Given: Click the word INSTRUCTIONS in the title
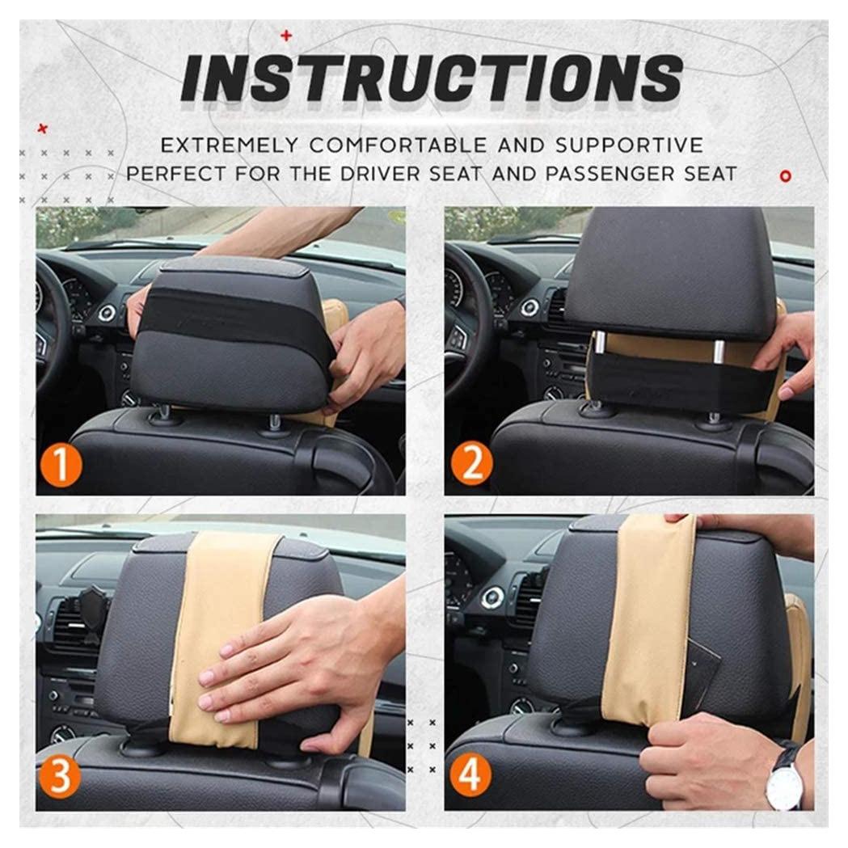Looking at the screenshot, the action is point(432,79).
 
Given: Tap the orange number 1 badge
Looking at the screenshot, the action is point(61,465).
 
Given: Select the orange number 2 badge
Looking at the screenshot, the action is point(470,463).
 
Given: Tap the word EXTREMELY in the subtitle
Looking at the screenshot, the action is point(230,145).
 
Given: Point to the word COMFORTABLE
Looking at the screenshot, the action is point(398,145).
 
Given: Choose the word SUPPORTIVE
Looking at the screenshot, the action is point(629,145).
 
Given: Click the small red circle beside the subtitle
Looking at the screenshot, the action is point(785,175).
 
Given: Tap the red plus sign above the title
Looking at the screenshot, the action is point(286,36).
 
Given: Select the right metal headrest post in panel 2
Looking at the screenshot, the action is point(719,352).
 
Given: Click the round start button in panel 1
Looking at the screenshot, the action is point(106,313).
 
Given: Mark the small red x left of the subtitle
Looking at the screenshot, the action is point(42,129).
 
